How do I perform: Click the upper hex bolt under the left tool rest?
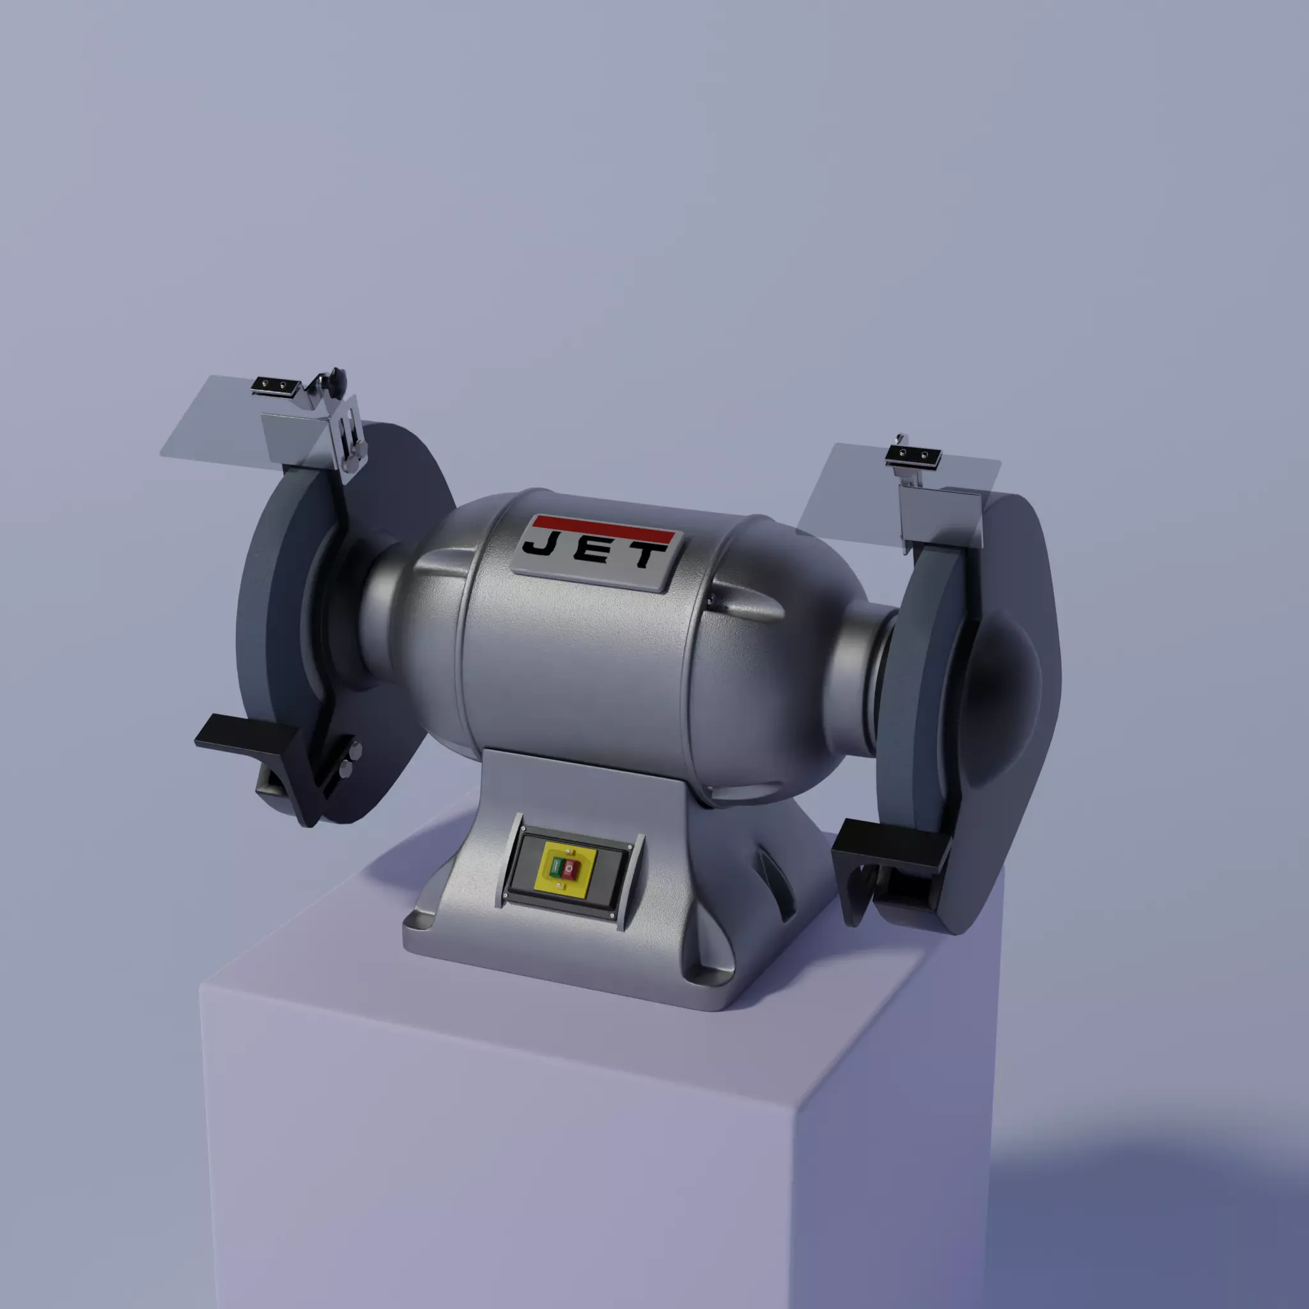coord(355,748)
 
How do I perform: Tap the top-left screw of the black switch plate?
coord(523,828)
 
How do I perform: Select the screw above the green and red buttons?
coord(566,851)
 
